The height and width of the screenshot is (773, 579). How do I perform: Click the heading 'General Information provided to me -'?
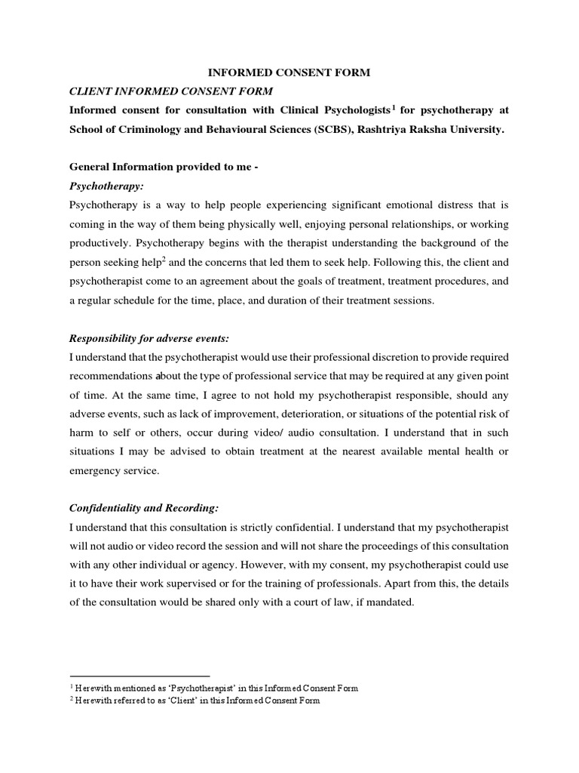[164, 167]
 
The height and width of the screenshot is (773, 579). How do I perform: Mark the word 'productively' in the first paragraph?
[100, 242]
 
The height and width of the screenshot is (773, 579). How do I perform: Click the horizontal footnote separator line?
[139, 676]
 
